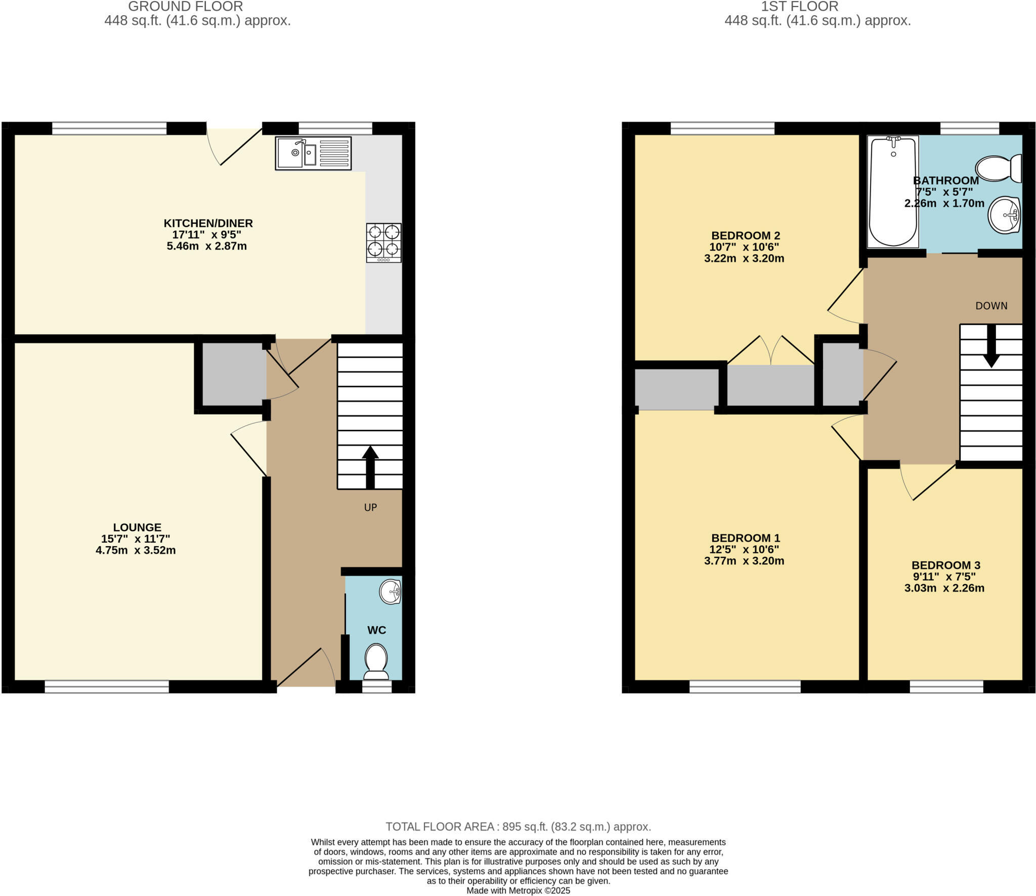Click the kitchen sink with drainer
313,153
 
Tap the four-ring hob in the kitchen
383,242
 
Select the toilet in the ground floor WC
376,661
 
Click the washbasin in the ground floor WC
390,592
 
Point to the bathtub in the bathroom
892,192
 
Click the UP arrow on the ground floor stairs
370,467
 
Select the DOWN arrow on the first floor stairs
991,346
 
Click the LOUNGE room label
137,527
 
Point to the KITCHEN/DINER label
208,223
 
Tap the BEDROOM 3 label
945,565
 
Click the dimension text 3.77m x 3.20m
744,561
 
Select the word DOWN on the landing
991,306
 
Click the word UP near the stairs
370,507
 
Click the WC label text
376,630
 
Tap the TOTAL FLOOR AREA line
518,827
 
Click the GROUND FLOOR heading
186,7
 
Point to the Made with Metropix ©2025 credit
518,890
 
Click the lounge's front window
107,686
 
